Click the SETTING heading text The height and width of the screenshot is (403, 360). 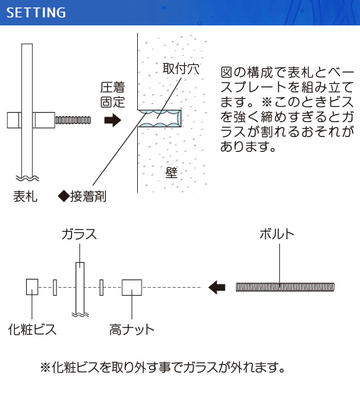(36, 12)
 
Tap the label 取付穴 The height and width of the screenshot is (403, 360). (181, 69)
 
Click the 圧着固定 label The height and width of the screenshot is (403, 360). (112, 95)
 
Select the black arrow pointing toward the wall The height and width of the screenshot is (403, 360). (112, 120)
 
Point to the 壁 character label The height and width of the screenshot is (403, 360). (171, 172)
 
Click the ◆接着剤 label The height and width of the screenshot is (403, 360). (82, 197)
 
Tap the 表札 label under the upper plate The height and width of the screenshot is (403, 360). (25, 197)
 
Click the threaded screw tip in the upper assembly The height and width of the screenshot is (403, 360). (73, 120)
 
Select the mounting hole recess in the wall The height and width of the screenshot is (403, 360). (160, 118)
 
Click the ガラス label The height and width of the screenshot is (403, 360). (79, 234)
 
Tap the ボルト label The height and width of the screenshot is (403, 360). (277, 234)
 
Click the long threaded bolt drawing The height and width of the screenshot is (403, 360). (285, 287)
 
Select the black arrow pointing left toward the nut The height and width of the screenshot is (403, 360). (217, 287)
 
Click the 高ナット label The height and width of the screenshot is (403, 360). (132, 329)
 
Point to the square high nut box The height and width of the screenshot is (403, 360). (132, 287)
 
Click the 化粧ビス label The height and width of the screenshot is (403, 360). (32, 329)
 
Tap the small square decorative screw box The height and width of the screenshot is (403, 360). (32, 287)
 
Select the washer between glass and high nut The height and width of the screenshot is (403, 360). (101, 287)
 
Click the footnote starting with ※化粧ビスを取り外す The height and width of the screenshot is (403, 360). (163, 367)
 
